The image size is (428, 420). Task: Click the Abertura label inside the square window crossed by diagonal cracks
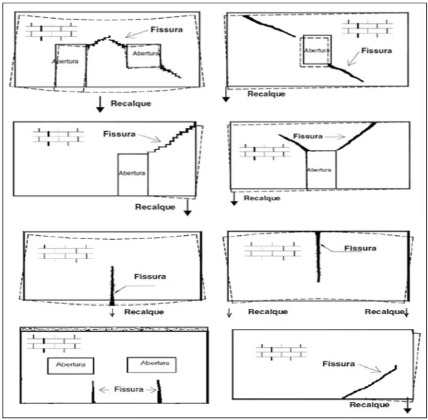pyautogui.click(x=317, y=50)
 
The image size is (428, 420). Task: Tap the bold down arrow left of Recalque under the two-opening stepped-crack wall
pyautogui.click(x=100, y=104)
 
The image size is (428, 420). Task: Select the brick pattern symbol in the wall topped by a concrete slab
pyautogui.click(x=54, y=343)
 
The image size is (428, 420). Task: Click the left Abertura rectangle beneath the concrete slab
pyautogui.click(x=71, y=366)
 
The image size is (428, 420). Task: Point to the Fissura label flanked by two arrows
pyautogui.click(x=129, y=389)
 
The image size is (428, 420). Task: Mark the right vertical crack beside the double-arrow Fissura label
pyautogui.click(x=159, y=391)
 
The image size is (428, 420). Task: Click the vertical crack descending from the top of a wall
pyautogui.click(x=318, y=257)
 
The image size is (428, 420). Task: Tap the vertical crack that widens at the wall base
pyautogui.click(x=112, y=286)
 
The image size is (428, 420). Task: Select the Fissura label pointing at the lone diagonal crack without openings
pyautogui.click(x=338, y=364)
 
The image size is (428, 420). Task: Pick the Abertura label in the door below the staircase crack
pyautogui.click(x=132, y=173)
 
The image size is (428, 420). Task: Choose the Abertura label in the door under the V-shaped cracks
pyautogui.click(x=319, y=169)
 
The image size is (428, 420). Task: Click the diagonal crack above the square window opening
pyautogui.click(x=269, y=26)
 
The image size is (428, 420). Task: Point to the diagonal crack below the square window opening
pyautogui.click(x=346, y=72)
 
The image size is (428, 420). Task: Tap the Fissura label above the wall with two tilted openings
pyautogui.click(x=167, y=29)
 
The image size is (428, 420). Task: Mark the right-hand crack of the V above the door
pyautogui.click(x=356, y=136)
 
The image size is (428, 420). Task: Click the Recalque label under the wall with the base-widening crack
pyautogui.click(x=144, y=311)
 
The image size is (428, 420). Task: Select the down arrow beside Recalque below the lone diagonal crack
pyautogui.click(x=407, y=405)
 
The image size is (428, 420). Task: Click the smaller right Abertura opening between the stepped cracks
pyautogui.click(x=144, y=56)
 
